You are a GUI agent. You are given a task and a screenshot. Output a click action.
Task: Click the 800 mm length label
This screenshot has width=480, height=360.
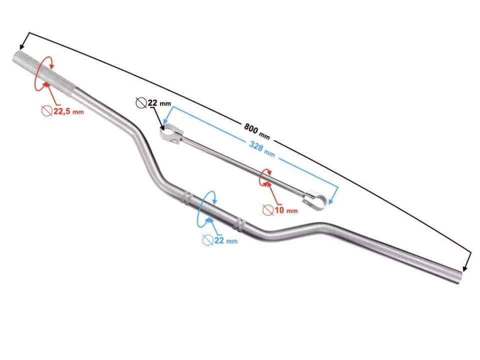coord(257,130)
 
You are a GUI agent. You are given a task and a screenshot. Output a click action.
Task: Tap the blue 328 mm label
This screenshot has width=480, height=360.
coord(261,149)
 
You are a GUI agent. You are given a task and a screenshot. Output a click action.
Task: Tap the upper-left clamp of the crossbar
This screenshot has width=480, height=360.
coord(171,134)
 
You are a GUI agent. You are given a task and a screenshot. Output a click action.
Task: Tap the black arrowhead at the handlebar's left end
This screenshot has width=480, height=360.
coord(21,47)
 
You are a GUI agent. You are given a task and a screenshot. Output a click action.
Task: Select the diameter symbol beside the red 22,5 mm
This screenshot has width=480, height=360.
coord(47,110)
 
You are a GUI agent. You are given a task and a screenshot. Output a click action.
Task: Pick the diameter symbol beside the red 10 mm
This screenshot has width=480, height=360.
coord(268,209)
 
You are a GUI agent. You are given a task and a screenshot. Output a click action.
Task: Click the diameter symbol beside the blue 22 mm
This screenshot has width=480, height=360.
coord(207,240)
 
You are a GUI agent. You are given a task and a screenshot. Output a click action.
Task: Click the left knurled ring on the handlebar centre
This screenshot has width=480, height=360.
coord(186,198)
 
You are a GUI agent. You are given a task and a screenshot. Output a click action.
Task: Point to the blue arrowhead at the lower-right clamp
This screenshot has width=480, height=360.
coord(330,201)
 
